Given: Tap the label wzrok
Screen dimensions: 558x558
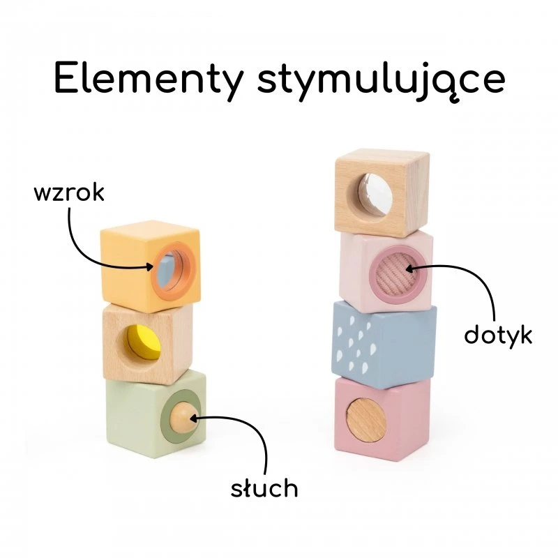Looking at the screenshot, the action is click(69, 193).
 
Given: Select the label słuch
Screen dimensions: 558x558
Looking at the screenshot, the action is click(264, 487).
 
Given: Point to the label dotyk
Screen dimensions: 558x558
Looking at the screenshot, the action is click(498, 334).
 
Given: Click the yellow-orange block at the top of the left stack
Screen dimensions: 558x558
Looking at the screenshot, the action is click(150, 266).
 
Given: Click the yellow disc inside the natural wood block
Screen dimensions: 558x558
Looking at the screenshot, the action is click(144, 342).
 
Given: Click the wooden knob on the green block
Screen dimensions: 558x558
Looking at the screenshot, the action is click(182, 416).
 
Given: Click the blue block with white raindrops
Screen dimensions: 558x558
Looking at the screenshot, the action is click(384, 345).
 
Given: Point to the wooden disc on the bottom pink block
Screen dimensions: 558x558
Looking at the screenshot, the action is click(366, 421).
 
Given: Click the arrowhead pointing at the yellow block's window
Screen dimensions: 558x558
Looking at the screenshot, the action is click(150, 266).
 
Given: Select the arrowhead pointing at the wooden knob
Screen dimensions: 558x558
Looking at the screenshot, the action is click(195, 417).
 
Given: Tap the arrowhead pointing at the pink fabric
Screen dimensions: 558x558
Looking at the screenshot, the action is click(409, 269).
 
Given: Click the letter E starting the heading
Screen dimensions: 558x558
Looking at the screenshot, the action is click(66, 77).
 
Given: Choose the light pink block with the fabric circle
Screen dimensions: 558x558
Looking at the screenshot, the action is click(386, 271).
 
